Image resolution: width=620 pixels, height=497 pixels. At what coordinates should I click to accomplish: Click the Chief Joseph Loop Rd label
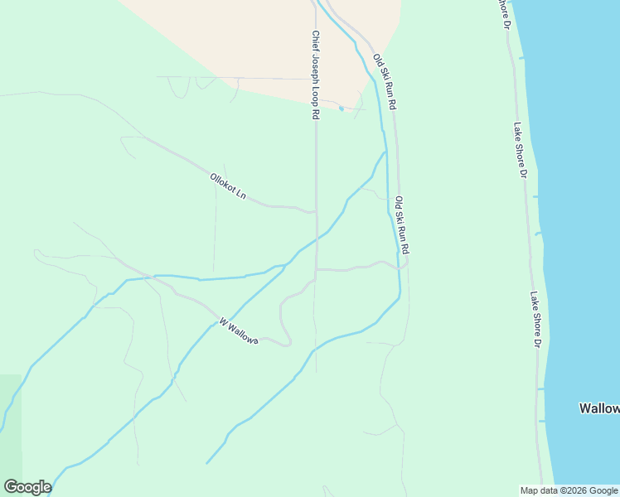click(316, 75)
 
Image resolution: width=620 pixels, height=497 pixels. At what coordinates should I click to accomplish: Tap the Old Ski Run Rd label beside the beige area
click(385, 83)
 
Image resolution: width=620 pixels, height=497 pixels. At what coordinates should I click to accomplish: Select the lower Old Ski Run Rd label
click(402, 224)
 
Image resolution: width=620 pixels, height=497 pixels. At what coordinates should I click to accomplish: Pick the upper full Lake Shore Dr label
click(520, 150)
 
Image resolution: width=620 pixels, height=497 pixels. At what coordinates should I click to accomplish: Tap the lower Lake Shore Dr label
click(537, 319)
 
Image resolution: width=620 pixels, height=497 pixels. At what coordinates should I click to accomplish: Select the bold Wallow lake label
click(598, 408)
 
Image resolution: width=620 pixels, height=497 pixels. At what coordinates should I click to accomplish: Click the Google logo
click(27, 486)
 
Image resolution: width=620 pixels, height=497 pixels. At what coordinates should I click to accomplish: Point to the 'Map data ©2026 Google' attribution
click(569, 490)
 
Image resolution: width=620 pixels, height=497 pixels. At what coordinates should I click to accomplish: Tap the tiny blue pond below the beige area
click(341, 109)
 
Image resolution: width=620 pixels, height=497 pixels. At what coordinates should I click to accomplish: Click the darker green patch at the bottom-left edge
click(10, 414)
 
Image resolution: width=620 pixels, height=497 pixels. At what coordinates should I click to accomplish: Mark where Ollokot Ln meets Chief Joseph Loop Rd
click(315, 211)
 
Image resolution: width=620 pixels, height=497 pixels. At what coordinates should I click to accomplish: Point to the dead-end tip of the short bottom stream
click(207, 462)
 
